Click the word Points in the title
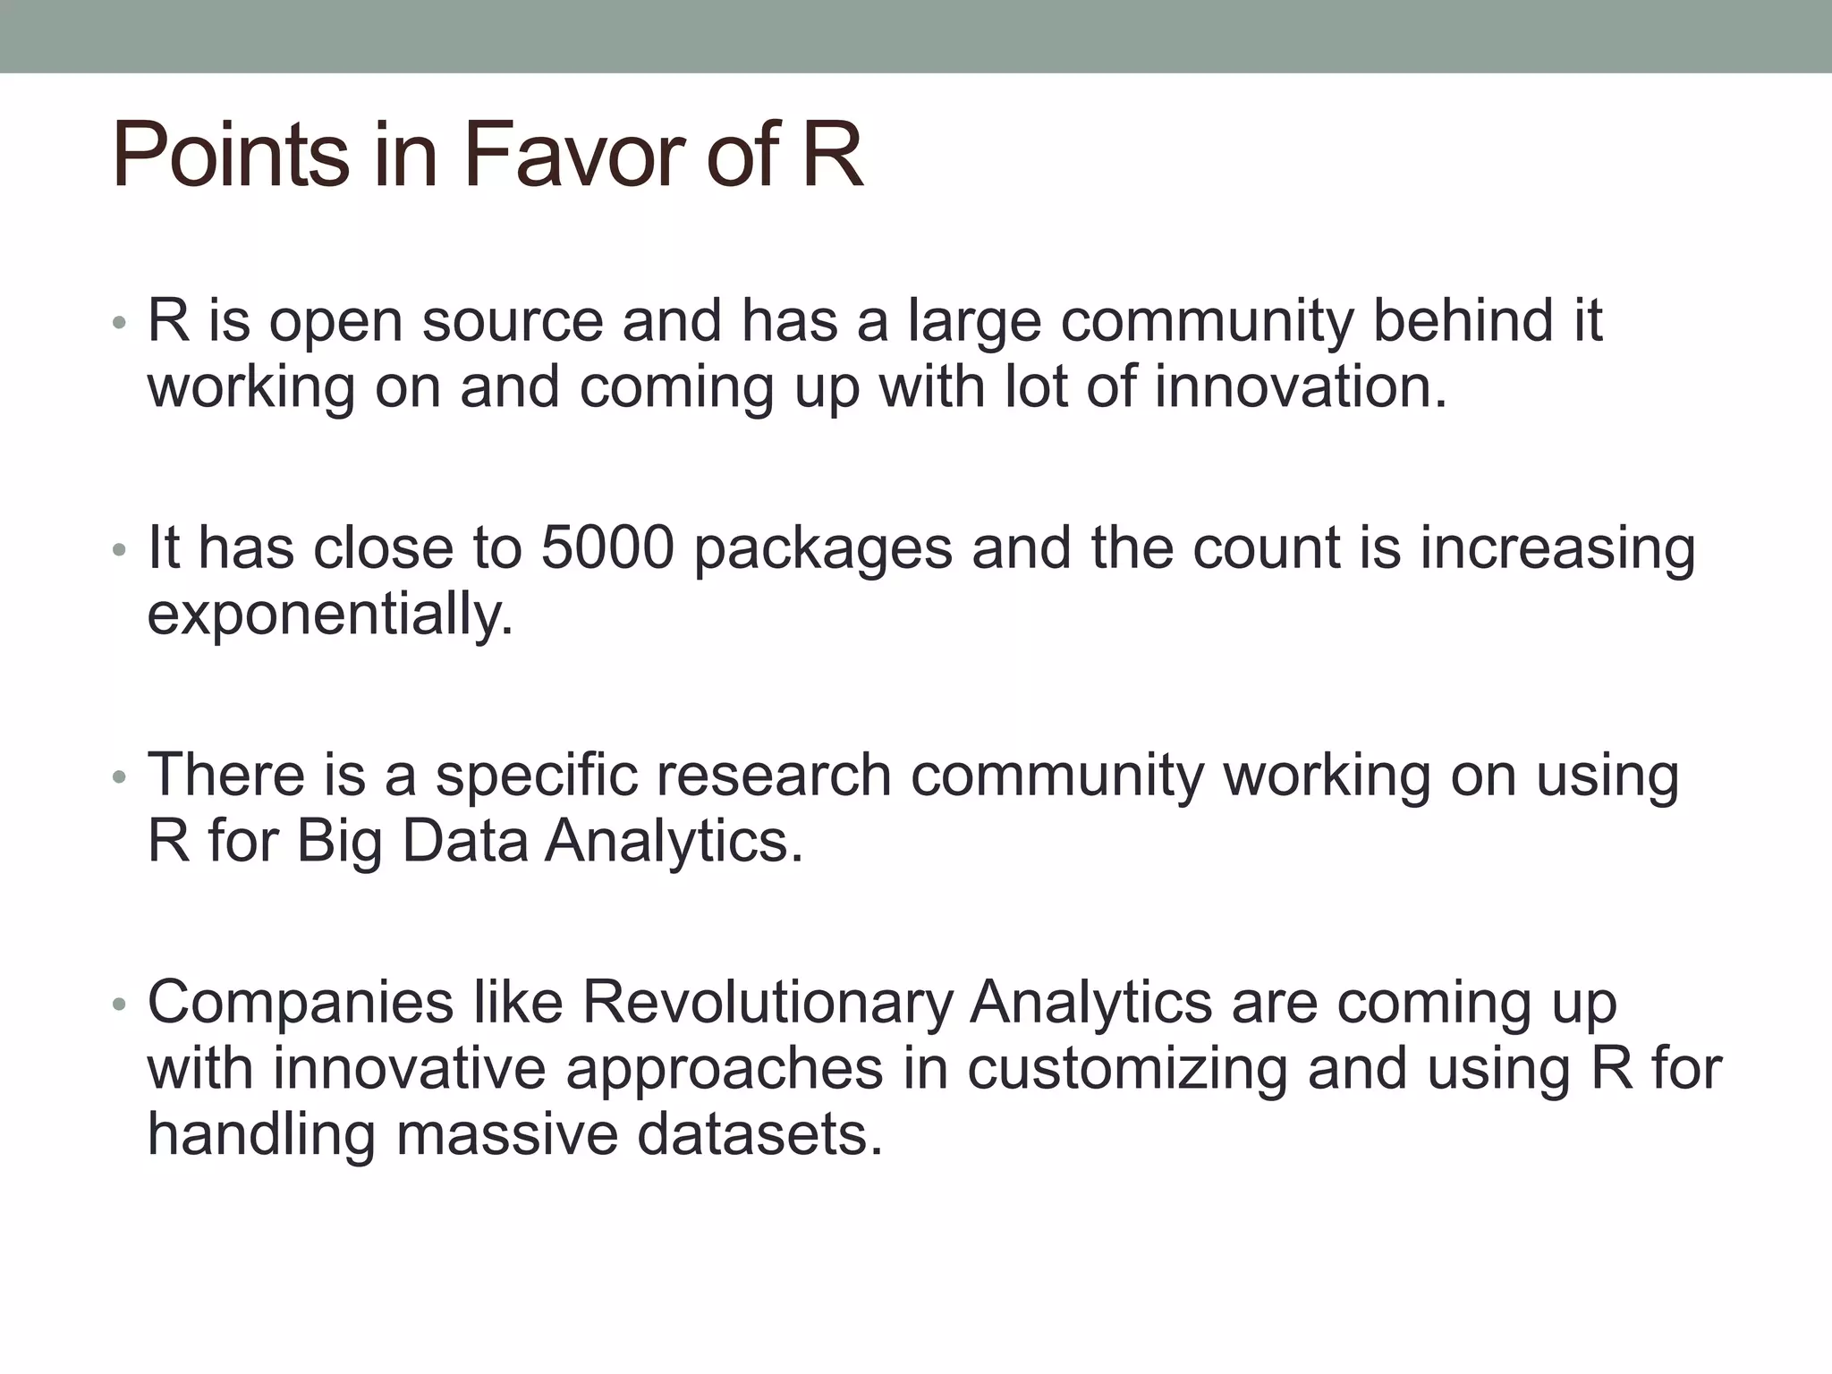[230, 157]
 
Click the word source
[513, 321]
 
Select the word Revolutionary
[768, 1003]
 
